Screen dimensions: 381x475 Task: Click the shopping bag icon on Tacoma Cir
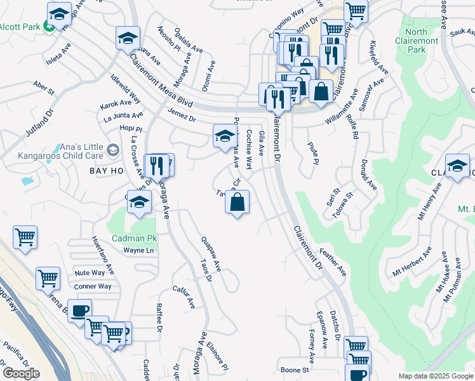237,203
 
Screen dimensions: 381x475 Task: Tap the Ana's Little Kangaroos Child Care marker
113,150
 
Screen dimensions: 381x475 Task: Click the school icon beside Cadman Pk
140,203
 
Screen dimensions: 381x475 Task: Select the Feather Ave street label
333,262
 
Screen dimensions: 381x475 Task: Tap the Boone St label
294,370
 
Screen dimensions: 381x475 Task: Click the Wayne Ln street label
138,251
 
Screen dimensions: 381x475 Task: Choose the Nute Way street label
90,272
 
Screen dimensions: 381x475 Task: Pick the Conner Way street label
93,286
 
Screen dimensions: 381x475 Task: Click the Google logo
21,373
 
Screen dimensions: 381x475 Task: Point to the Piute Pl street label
312,152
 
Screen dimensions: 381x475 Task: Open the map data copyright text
434,376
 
